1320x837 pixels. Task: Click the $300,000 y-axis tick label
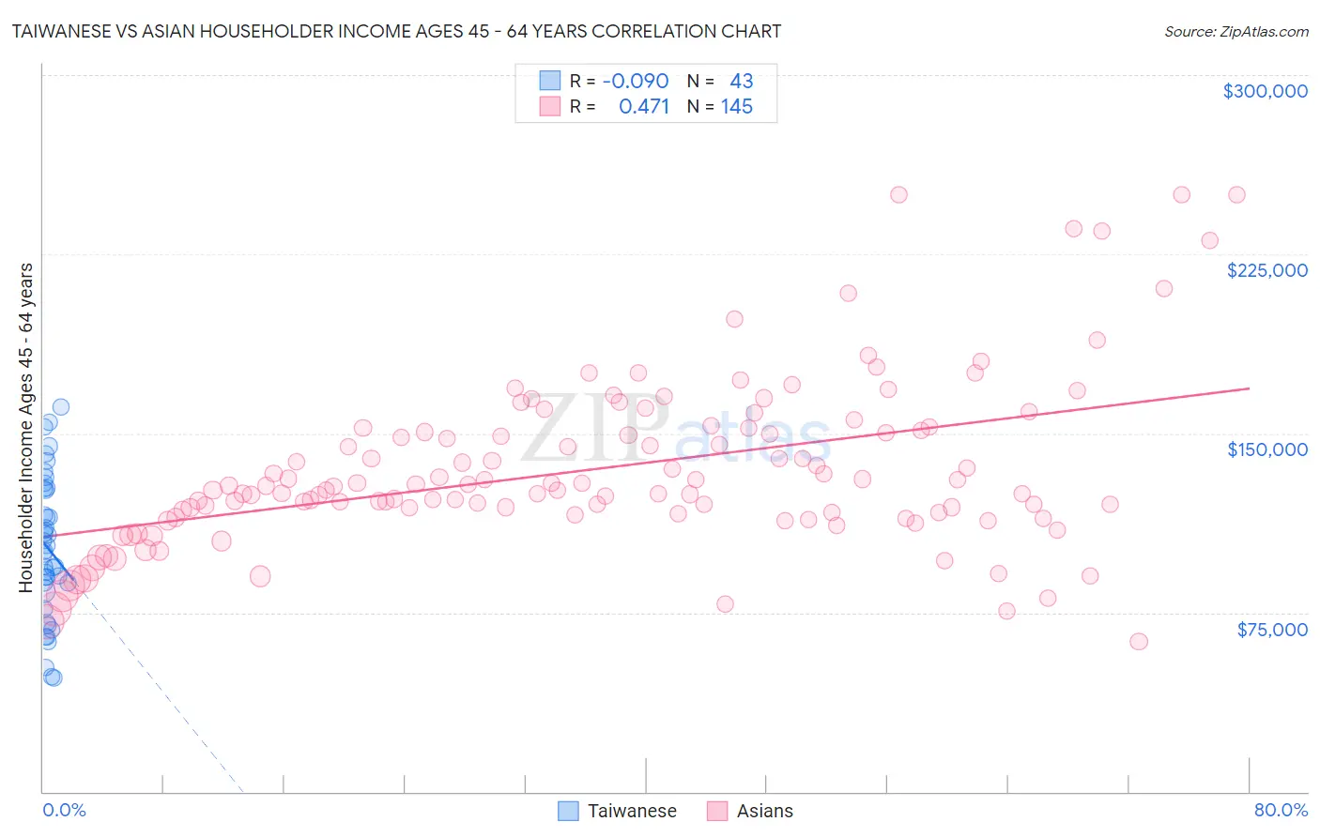click(1265, 91)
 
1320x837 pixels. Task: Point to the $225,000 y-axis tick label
click(1266, 270)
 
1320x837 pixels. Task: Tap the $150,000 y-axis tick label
click(1266, 449)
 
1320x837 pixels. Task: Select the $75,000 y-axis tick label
click(1271, 630)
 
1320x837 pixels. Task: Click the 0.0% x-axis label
click(64, 810)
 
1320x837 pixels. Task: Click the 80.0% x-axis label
click(1281, 810)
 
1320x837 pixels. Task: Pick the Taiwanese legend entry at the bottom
click(631, 811)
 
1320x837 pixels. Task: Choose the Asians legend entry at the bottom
click(764, 811)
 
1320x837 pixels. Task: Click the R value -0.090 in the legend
click(636, 82)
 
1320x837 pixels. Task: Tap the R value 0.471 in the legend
click(643, 107)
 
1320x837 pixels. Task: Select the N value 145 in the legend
click(736, 107)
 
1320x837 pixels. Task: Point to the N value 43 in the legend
click(741, 82)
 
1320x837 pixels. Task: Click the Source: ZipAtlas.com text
click(1236, 32)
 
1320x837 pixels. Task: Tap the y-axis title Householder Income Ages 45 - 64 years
click(26, 427)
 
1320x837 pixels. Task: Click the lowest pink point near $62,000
click(1139, 642)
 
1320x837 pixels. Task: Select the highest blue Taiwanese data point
click(61, 407)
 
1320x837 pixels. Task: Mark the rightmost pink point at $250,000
click(1236, 195)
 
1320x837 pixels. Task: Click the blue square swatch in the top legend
click(550, 82)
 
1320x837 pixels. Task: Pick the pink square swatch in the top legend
click(550, 107)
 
